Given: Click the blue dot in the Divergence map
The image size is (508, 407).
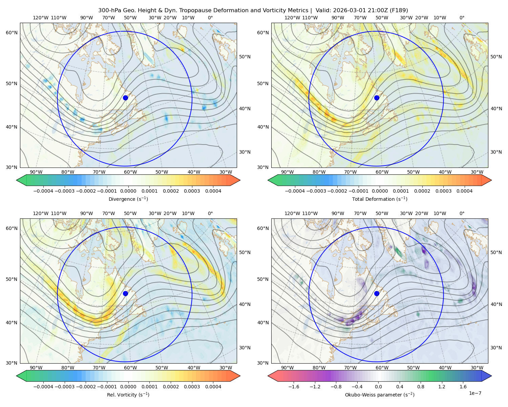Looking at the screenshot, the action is point(125,98).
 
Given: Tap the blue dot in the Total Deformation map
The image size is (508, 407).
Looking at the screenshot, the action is point(377,98).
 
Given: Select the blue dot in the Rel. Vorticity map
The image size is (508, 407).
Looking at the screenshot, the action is point(125,293).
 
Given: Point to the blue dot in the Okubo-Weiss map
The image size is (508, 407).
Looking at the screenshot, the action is point(377,293).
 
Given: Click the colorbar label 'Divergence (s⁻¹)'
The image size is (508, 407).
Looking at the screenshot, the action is point(128,199).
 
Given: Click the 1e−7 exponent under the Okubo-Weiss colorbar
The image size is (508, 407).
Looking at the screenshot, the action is point(475,393).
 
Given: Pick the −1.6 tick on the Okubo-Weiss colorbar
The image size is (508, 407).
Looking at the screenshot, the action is point(294,386).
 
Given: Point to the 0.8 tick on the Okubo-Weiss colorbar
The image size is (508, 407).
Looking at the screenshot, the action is point(421,386).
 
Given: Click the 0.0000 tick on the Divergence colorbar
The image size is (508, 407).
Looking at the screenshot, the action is point(128,191).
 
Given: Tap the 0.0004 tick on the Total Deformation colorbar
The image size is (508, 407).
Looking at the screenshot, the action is point(464,191).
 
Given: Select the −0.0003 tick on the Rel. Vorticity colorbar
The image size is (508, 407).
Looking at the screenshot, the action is point(64,386).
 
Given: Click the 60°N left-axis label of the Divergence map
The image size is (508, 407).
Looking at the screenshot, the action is point(12,33).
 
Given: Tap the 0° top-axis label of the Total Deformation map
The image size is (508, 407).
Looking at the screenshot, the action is point(462,18).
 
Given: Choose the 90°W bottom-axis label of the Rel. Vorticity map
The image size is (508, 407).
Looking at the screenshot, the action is point(36,368).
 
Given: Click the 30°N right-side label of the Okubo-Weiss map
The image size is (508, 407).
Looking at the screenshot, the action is point(496,347).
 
